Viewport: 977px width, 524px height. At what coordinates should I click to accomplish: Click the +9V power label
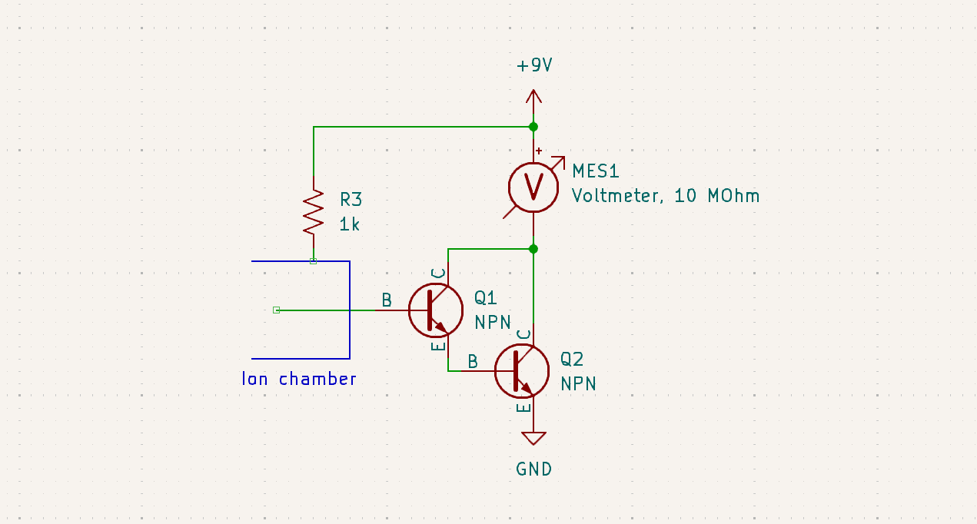pyautogui.click(x=534, y=66)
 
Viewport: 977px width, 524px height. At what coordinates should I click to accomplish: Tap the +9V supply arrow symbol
pyautogui.click(x=533, y=97)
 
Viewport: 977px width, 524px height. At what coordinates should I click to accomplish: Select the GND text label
pyautogui.click(x=533, y=469)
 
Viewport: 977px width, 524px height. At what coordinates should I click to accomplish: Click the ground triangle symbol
pyautogui.click(x=533, y=438)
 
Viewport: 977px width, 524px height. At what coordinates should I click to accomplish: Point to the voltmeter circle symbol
pyautogui.click(x=533, y=187)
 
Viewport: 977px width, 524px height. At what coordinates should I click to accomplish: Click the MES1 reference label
pyautogui.click(x=595, y=171)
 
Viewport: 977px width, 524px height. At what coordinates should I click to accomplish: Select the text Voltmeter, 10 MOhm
pyautogui.click(x=665, y=196)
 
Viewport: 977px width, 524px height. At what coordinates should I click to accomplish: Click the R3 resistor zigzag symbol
pyautogui.click(x=314, y=213)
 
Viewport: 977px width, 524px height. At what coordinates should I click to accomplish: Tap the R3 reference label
pyautogui.click(x=351, y=200)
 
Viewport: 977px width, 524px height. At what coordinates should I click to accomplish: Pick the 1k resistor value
pyautogui.click(x=350, y=224)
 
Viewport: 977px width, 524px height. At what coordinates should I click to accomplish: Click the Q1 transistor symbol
pyautogui.click(x=435, y=310)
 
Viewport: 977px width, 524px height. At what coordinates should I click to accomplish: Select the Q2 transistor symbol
pyautogui.click(x=521, y=371)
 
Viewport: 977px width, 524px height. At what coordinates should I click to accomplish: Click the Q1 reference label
pyautogui.click(x=486, y=297)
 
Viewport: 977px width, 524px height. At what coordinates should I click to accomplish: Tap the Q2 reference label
pyautogui.click(x=572, y=359)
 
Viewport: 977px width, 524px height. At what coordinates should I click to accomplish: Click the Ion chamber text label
pyautogui.click(x=299, y=379)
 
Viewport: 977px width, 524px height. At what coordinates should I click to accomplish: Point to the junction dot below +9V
pyautogui.click(x=533, y=127)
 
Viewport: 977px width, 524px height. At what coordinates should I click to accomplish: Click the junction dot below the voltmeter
pyautogui.click(x=533, y=249)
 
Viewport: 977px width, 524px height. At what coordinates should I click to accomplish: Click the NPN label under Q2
pyautogui.click(x=578, y=383)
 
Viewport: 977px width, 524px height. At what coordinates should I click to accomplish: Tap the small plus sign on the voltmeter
pyautogui.click(x=539, y=151)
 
